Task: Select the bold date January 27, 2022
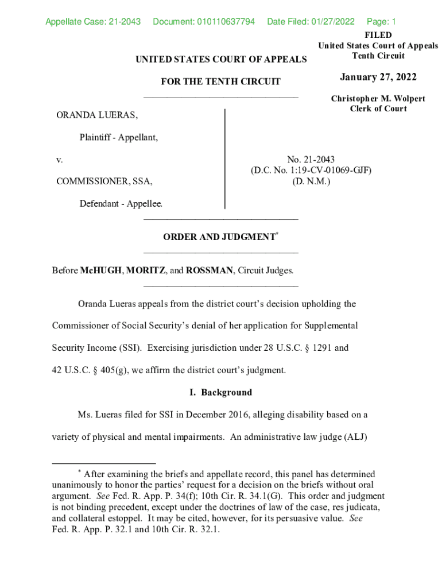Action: click(x=378, y=78)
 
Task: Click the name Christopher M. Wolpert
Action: click(x=378, y=99)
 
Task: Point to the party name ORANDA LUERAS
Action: click(x=97, y=116)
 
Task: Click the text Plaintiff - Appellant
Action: click(x=118, y=138)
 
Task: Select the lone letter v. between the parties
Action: click(x=59, y=160)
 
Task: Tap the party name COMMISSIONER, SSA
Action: click(x=104, y=181)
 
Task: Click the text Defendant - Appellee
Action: click(x=121, y=203)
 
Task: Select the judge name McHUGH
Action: click(x=100, y=270)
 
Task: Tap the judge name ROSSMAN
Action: click(x=210, y=270)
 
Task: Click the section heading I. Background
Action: click(x=220, y=393)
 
